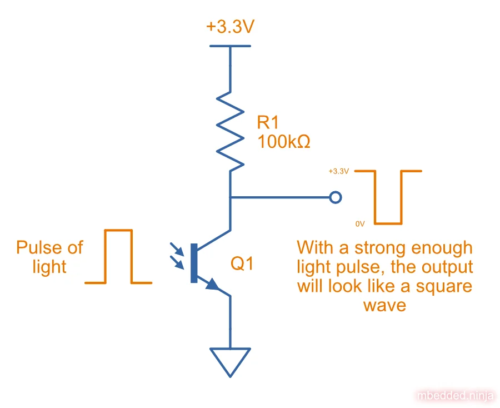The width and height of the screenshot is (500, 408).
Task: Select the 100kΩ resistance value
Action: tap(283, 142)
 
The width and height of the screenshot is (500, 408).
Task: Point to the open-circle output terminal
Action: tap(335, 197)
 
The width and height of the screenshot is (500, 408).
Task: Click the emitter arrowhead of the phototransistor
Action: tap(213, 285)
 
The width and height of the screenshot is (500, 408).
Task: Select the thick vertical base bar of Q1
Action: tap(194, 263)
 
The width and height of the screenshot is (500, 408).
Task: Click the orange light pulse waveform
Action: tap(118, 256)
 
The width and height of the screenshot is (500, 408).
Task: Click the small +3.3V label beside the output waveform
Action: tap(338, 171)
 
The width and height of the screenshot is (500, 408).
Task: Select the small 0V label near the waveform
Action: tap(360, 223)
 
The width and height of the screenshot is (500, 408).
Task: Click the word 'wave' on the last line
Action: tap(384, 305)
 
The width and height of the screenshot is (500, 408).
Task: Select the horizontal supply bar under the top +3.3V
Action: tap(230, 45)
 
